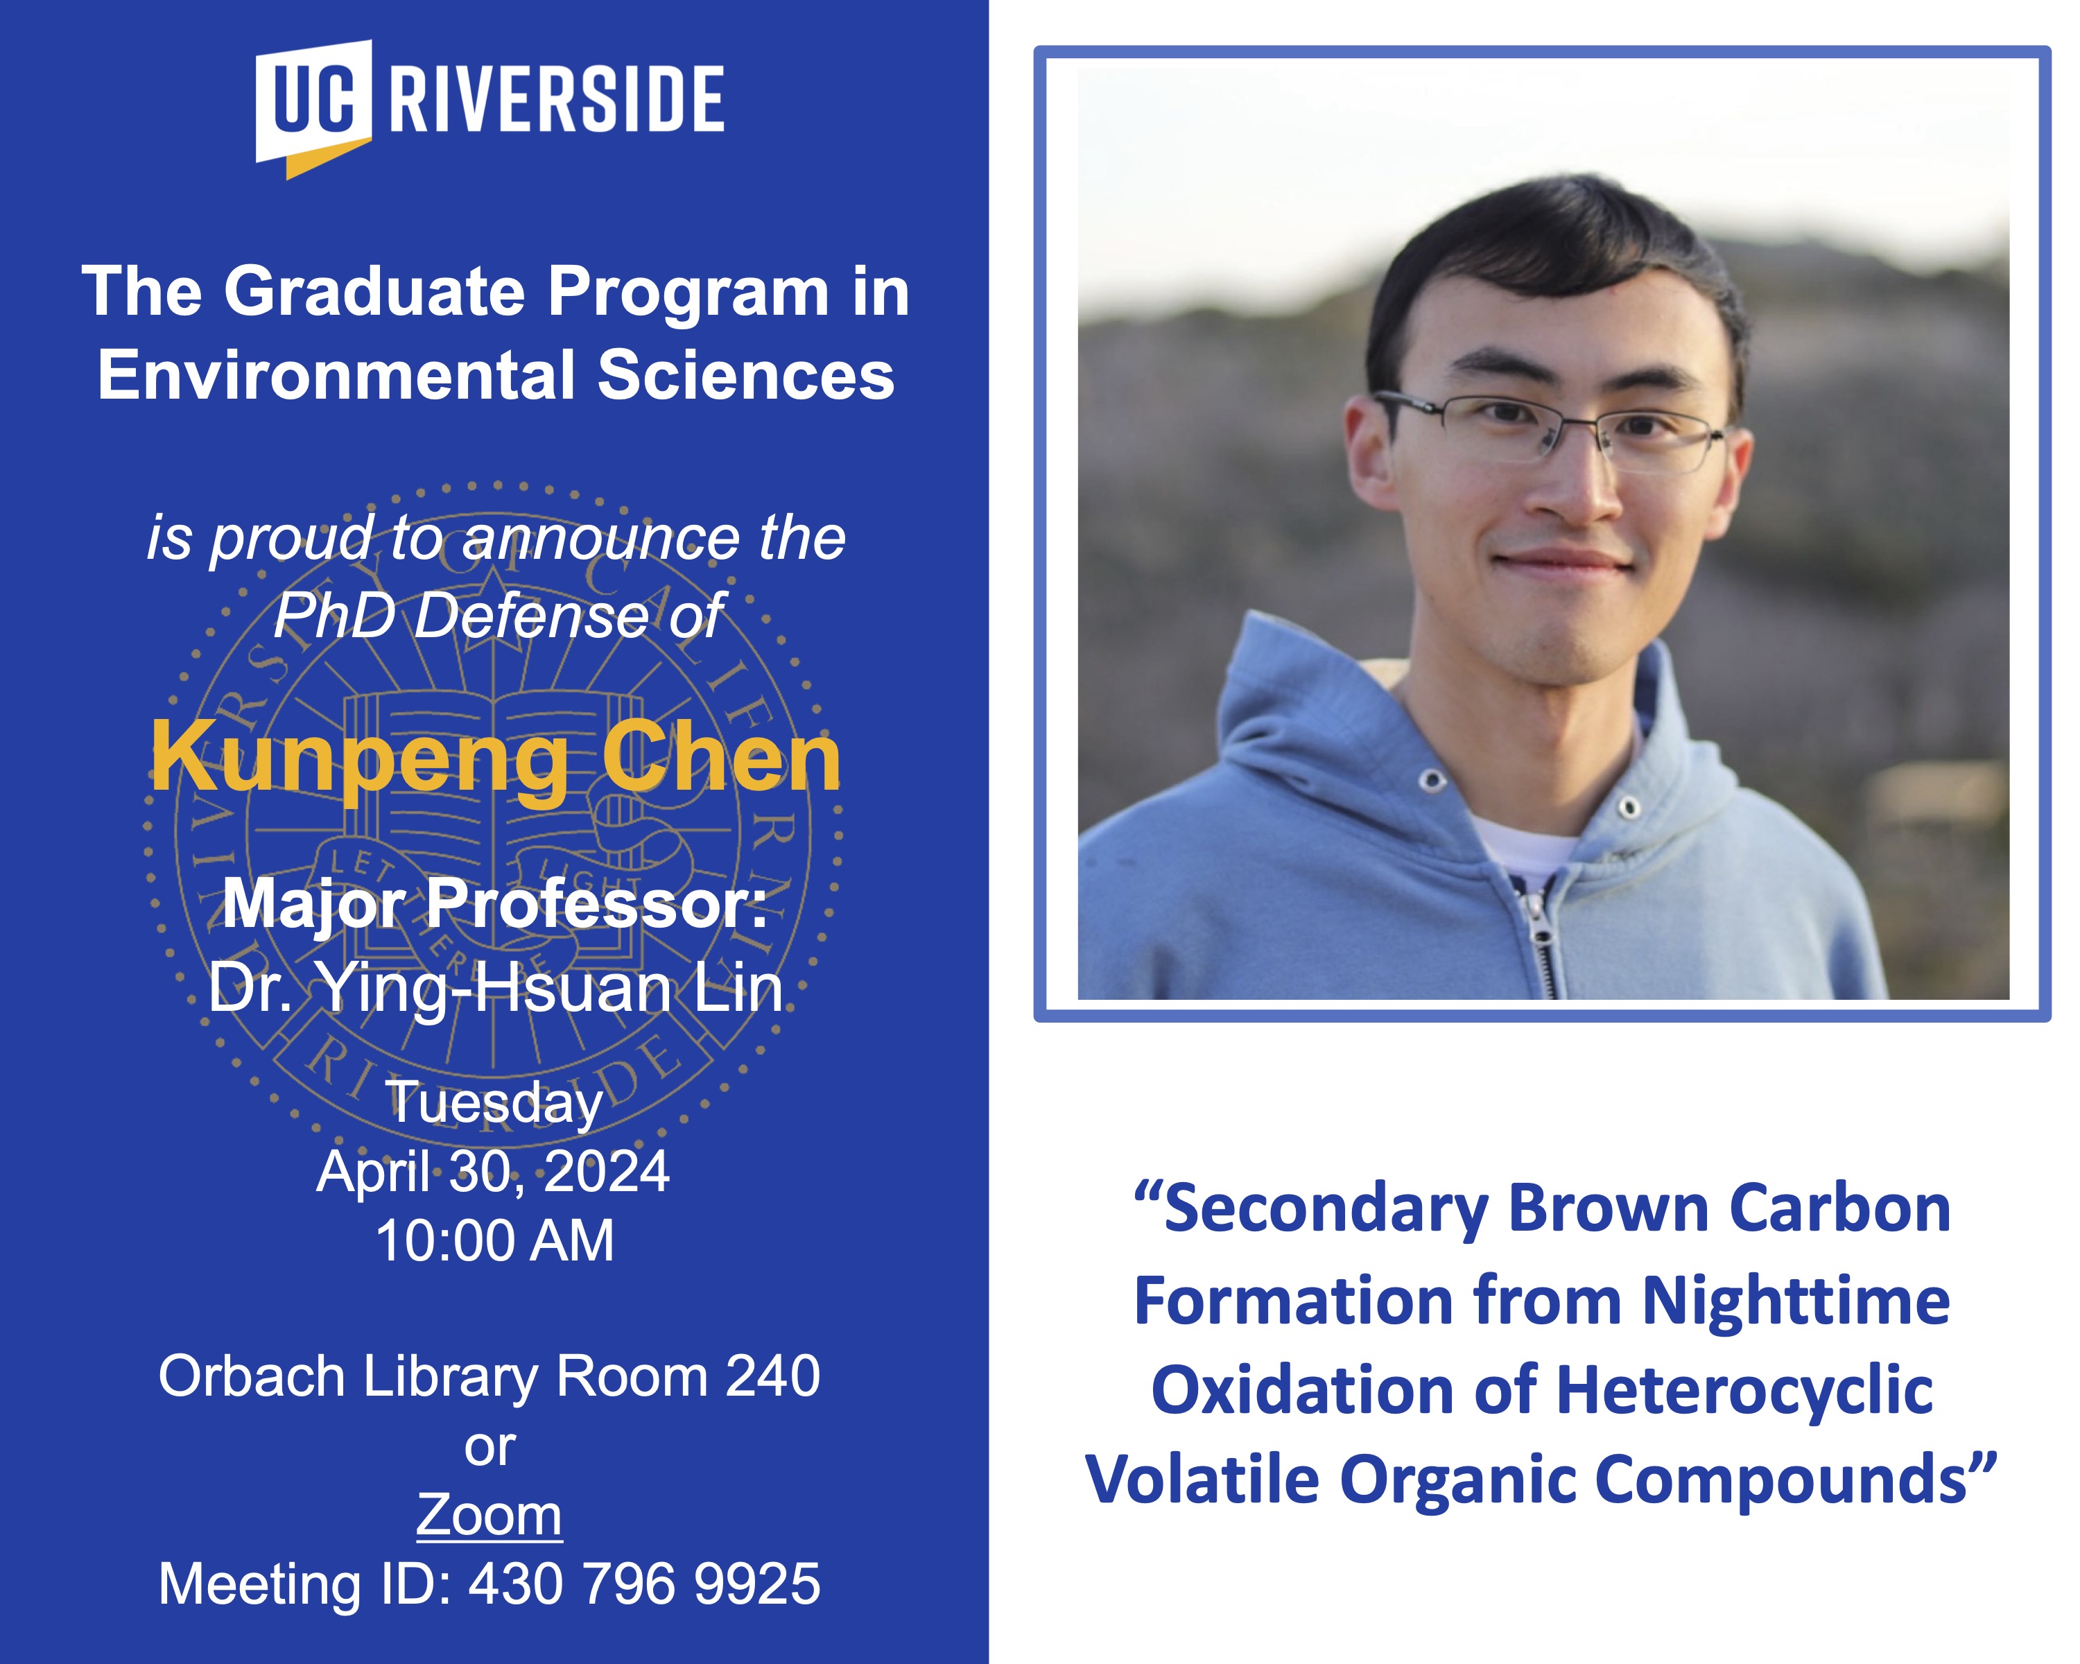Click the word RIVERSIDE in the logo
557,98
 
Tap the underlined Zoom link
489,1514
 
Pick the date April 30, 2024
493,1171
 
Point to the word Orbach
252,1376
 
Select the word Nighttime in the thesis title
1796,1300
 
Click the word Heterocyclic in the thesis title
1744,1390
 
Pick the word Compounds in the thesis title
1780,1481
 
